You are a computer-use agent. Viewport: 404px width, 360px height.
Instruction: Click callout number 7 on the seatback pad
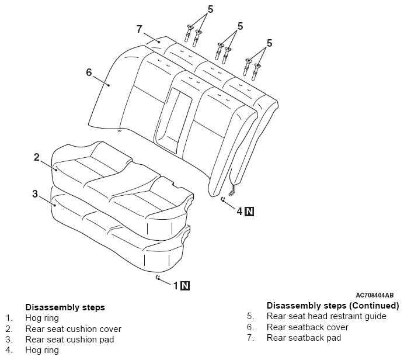(x=140, y=29)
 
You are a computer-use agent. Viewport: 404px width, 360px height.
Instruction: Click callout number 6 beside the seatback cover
(x=89, y=72)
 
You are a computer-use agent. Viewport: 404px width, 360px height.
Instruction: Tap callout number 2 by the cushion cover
(x=36, y=157)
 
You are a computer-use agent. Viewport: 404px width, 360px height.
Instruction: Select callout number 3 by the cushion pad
(x=35, y=193)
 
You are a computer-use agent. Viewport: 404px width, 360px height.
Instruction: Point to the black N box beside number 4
(x=249, y=211)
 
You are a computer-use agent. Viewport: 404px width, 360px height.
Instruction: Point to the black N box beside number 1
(x=185, y=285)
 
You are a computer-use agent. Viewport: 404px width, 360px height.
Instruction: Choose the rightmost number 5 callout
(x=270, y=43)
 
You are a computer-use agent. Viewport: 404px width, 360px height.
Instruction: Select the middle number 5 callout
(x=240, y=26)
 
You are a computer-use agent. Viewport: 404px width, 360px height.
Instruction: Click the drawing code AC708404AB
(x=374, y=296)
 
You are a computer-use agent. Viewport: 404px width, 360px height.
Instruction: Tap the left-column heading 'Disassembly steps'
(x=65, y=307)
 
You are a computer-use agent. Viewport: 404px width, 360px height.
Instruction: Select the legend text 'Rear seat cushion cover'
(x=73, y=329)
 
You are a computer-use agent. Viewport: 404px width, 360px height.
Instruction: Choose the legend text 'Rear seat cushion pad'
(x=69, y=340)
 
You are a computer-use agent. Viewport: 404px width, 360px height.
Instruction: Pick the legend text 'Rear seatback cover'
(x=307, y=327)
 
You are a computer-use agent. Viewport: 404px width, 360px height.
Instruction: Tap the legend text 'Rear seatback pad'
(x=304, y=338)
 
